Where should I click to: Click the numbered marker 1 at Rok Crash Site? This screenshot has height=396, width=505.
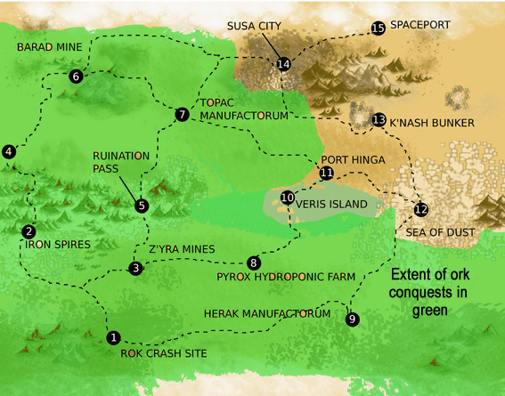pos(113,337)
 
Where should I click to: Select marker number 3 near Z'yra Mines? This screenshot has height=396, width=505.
pos(135,268)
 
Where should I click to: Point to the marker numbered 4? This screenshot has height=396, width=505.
pos(9,152)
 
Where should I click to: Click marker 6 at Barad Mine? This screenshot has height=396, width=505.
pos(76,77)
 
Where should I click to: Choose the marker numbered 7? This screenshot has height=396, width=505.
pos(182,114)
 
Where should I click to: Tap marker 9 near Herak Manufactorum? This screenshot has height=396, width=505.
pos(353,319)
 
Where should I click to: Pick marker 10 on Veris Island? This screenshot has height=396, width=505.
pos(287,198)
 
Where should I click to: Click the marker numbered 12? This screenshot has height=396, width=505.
pos(420,210)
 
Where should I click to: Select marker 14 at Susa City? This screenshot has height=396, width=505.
pos(283,64)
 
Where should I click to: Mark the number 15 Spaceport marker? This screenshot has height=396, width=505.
pos(378,28)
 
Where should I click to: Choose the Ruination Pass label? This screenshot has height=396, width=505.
pos(121,161)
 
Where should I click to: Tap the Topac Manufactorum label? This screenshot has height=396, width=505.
pos(243,109)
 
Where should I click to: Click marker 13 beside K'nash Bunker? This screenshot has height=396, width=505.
pos(379,119)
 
